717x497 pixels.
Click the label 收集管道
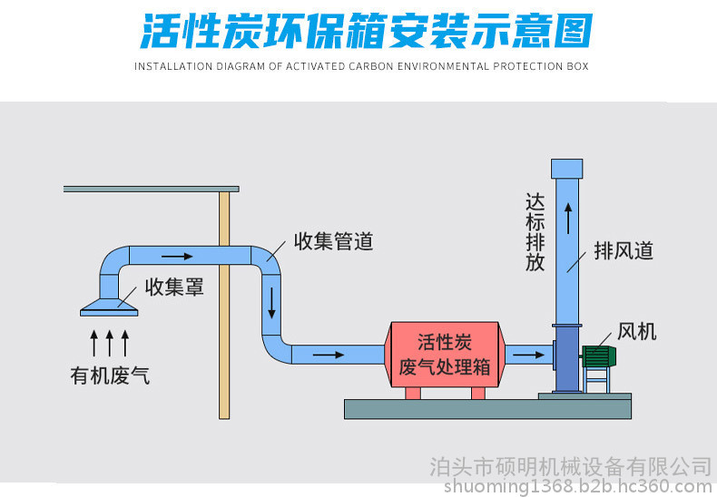tap(333, 241)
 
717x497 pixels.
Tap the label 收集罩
tap(173, 287)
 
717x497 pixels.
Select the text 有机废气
tap(110, 375)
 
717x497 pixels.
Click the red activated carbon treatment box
tap(445, 355)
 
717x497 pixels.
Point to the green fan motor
tap(599, 356)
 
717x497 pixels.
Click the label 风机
tap(636, 332)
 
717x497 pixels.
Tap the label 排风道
tap(624, 251)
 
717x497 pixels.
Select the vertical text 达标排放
tap(535, 232)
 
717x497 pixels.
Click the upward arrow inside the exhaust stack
tap(568, 219)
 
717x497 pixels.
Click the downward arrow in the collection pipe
tap(271, 303)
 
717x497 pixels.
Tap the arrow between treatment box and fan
tap(528, 355)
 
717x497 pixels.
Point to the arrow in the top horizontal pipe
tap(177, 257)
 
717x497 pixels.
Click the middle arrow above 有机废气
tap(109, 343)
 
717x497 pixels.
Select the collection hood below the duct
tap(109, 307)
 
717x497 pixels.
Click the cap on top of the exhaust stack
tap(566, 169)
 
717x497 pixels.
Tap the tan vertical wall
tap(224, 305)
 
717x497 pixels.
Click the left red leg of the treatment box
tap(413, 393)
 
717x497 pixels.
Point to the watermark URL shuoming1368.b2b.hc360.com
tap(578, 485)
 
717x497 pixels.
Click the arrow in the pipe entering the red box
tap(328, 355)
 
